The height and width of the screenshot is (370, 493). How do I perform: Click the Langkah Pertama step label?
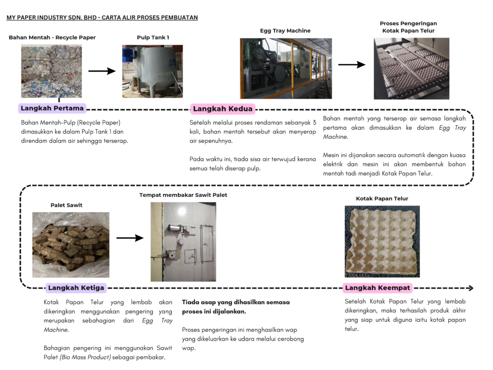coord(52,108)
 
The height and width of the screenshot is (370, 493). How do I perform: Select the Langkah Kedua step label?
coord(222,109)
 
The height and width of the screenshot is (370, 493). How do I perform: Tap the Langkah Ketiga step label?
coord(76,288)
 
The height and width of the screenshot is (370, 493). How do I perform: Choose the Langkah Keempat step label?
coord(377,288)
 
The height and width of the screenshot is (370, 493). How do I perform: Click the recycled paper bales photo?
coord(52,71)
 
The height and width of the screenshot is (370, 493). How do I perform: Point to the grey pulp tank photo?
coord(152,71)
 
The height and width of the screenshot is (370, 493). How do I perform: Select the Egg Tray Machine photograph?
coord(285,68)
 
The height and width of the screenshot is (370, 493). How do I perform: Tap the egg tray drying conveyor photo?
coord(411,68)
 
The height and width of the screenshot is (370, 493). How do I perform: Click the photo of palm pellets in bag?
coord(70,245)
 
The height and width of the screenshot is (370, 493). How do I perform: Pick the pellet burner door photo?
coord(183,242)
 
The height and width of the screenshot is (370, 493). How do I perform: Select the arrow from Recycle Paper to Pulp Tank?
coord(102,71)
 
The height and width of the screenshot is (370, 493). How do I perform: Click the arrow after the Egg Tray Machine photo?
coord(351,65)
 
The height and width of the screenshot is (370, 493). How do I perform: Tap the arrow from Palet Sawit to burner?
coord(130,238)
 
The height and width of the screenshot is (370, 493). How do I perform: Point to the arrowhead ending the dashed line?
coord(470,288)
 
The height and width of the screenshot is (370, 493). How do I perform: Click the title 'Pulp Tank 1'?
coord(153,38)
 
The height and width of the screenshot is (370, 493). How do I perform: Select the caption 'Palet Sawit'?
coord(66,205)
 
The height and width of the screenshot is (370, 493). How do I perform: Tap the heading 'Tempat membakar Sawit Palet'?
coord(183,195)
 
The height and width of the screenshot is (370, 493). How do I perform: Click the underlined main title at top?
coord(102,18)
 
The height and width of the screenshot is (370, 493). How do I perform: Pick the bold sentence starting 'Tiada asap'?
coord(235,306)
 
